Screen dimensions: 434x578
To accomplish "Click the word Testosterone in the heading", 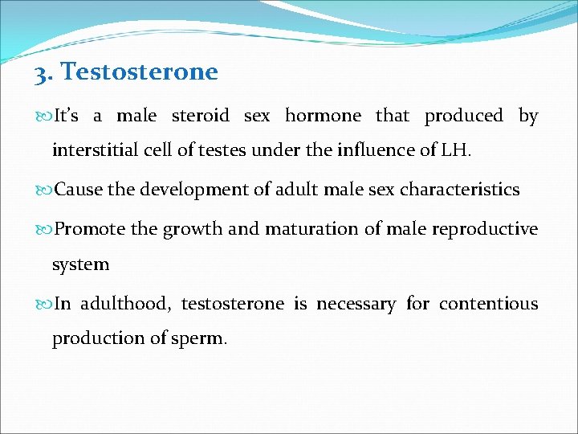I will (140, 72).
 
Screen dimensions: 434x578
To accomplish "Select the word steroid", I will (201, 116).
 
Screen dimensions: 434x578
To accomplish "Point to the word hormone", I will (324, 116).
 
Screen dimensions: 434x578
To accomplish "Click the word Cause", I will (79, 190).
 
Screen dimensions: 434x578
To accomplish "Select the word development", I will (193, 190).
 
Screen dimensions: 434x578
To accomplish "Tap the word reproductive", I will (485, 230).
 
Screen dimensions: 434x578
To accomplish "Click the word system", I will (80, 264).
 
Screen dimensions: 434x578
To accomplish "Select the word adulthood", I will (124, 305).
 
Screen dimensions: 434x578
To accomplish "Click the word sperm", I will (201, 339).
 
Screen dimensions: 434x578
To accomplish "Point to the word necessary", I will (356, 305).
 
